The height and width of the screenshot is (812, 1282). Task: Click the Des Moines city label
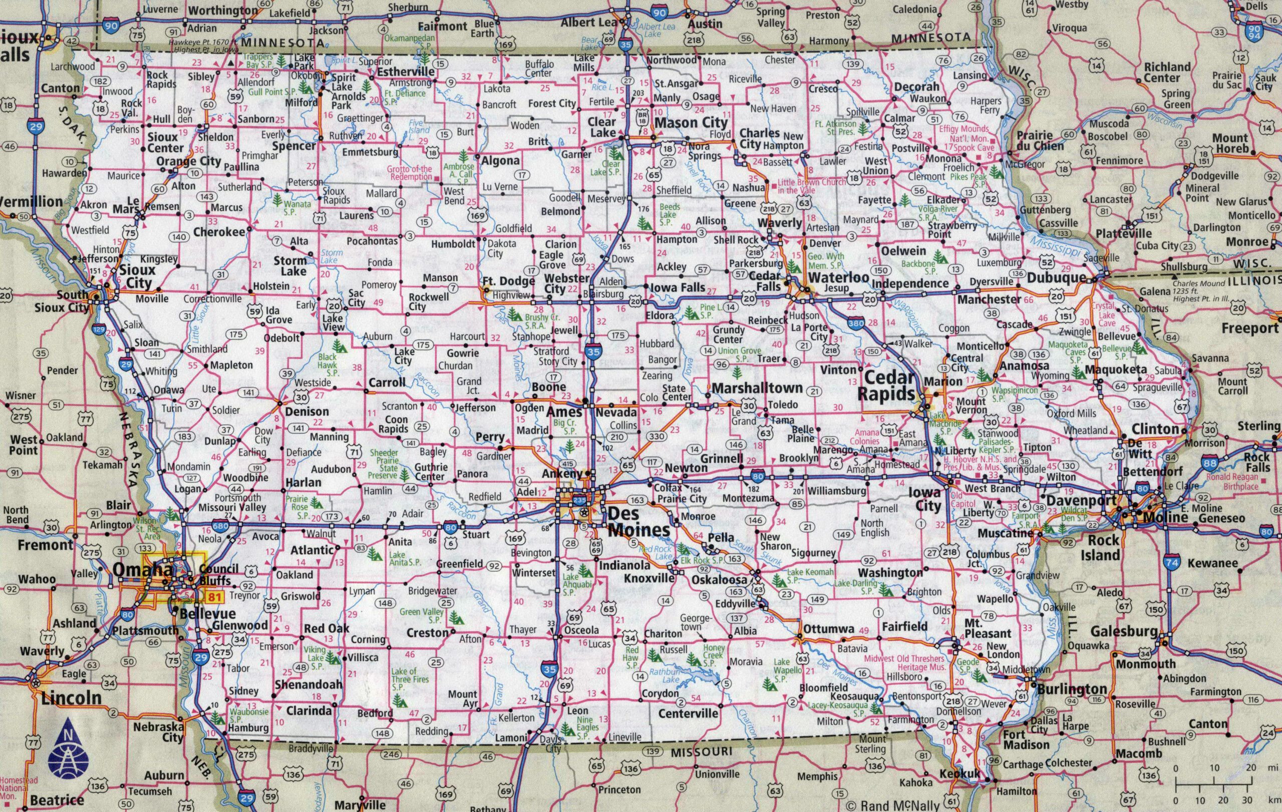(x=638, y=523)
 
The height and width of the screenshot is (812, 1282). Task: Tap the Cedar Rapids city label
(x=888, y=386)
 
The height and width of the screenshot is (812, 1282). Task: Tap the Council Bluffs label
(x=218, y=575)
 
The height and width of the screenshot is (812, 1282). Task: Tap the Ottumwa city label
(x=828, y=629)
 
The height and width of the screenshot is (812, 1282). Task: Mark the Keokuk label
(x=959, y=773)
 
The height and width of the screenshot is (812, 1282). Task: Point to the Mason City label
(x=691, y=122)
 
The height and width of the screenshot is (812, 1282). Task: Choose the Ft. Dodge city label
(x=508, y=281)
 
